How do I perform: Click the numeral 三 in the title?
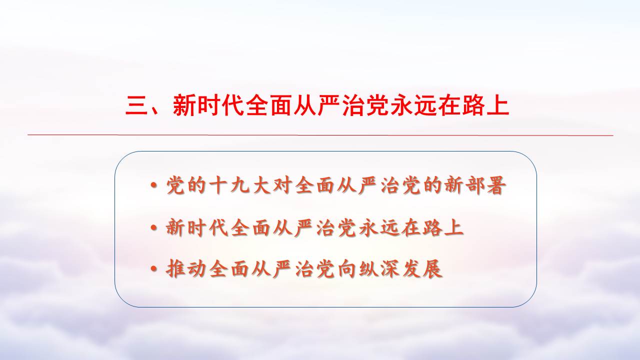(136, 105)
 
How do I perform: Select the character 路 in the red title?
(473, 105)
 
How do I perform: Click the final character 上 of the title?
(497, 105)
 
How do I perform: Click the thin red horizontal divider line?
(320, 135)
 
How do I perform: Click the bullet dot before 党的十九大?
(154, 185)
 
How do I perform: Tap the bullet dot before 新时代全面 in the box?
(154, 227)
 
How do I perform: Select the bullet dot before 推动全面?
(154, 269)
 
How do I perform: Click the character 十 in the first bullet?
(219, 185)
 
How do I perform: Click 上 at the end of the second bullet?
(454, 227)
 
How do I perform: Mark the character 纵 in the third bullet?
(368, 269)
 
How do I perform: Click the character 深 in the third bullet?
(390, 269)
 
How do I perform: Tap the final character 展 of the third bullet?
(432, 269)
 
